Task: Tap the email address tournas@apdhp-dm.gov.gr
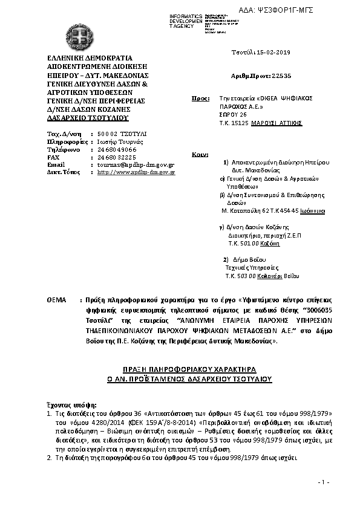pos(136,164)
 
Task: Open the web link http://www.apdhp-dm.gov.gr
pos(136,172)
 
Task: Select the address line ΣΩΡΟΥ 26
pos(234,114)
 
